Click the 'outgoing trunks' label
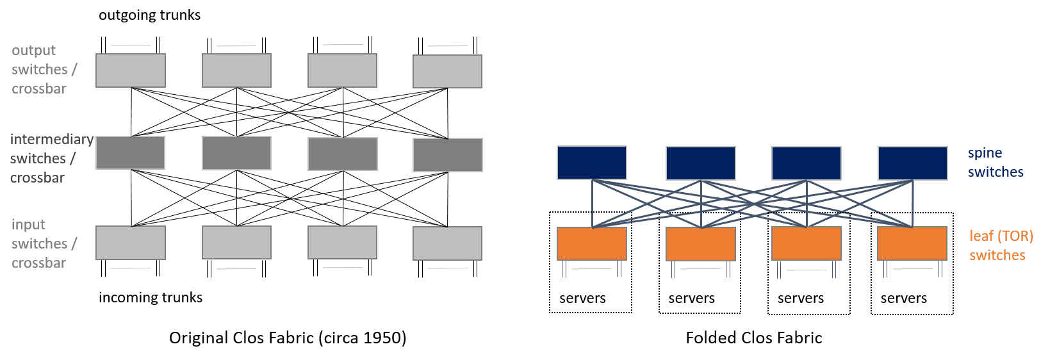(x=150, y=15)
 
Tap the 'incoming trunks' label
(x=151, y=297)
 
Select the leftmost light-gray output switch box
(x=131, y=70)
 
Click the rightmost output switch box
(x=447, y=71)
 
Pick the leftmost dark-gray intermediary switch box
(x=130, y=153)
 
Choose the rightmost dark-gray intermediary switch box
(x=448, y=155)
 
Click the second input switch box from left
(x=236, y=243)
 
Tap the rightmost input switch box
(x=447, y=243)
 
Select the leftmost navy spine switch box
(x=592, y=163)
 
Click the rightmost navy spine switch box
(x=913, y=163)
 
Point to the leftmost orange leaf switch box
(x=592, y=244)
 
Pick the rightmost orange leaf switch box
(x=912, y=243)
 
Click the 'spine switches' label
(x=996, y=162)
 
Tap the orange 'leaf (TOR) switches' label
(x=1001, y=245)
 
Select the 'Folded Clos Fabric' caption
(x=753, y=338)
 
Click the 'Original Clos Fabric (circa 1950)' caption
(x=288, y=338)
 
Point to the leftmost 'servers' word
(x=582, y=299)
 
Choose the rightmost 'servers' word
(x=904, y=299)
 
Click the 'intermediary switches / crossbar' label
(x=52, y=158)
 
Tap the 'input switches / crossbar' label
(x=44, y=243)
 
